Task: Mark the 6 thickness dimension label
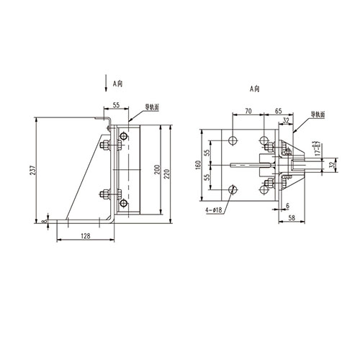click(285, 204)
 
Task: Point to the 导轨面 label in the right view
click(317, 114)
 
